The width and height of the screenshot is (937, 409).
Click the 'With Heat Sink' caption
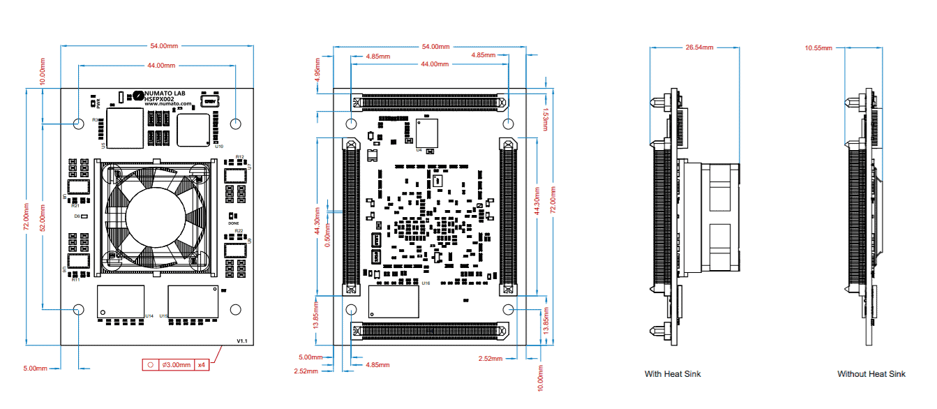673,374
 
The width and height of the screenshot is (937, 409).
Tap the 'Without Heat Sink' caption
871,374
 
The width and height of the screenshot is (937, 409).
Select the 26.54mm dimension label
699,47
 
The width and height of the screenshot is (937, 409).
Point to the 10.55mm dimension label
818,48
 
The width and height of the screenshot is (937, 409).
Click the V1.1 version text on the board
242,341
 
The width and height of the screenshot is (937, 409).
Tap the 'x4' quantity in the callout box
202,365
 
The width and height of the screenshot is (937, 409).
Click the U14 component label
149,316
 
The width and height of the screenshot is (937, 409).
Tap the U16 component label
426,283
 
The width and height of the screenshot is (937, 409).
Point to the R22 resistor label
239,230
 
